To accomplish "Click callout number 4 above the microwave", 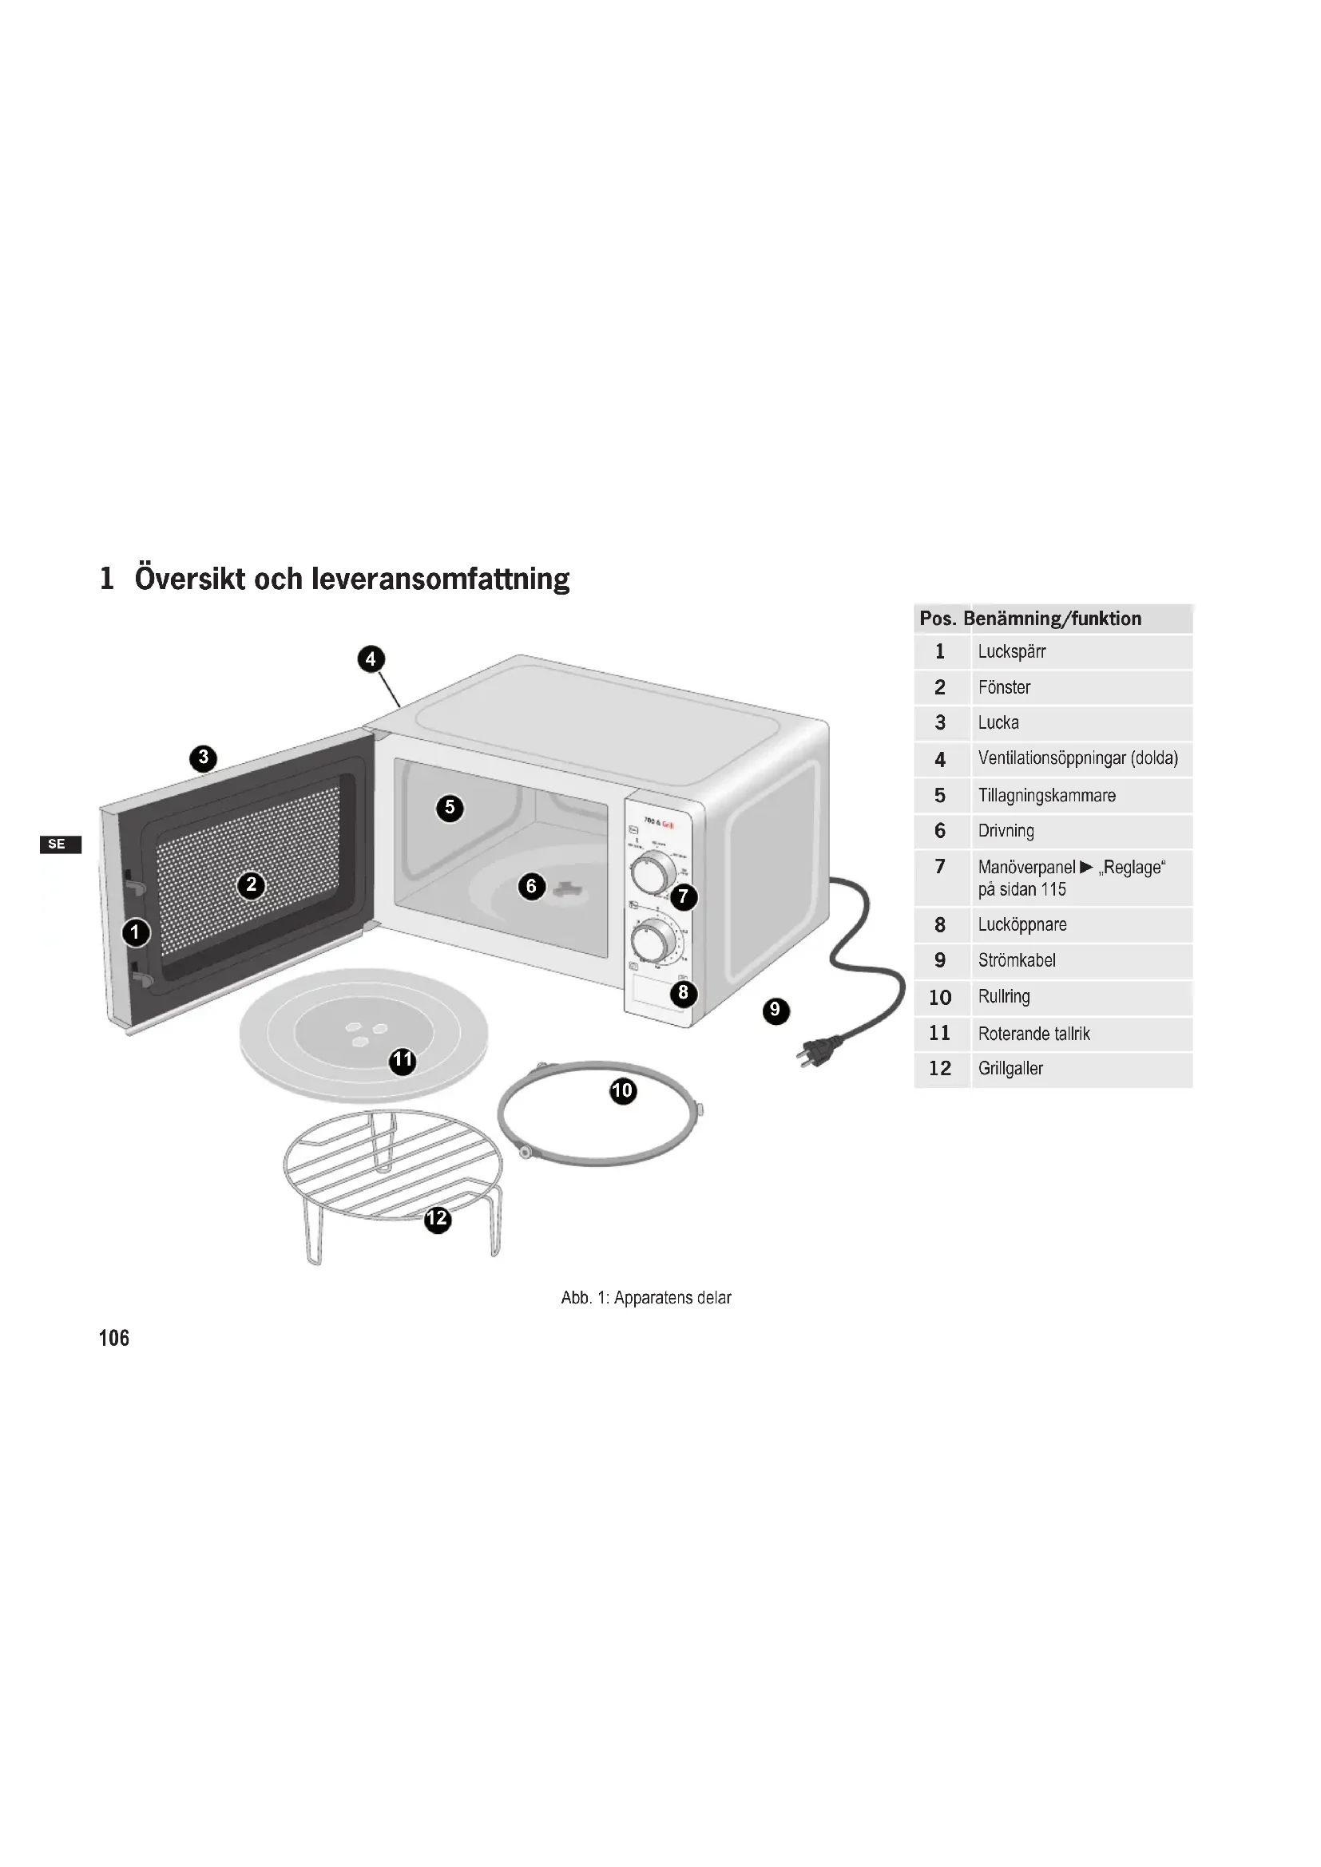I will coord(371,659).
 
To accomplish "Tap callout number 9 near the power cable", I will coord(776,1011).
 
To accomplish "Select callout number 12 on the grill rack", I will coord(438,1218).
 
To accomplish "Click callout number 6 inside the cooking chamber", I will coord(531,885).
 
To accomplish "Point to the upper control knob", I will coord(652,873).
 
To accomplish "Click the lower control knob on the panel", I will coord(653,941).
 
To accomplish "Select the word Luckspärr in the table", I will coord(1011,652).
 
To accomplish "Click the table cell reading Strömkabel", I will coord(1017,961).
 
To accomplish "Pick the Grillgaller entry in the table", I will coord(1010,1070).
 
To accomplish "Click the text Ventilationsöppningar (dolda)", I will coord(1077,758).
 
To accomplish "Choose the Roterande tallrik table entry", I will coord(1033,1034).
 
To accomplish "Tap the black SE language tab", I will coord(59,844).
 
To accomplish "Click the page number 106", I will coord(114,1339).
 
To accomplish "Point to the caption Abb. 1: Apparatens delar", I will coord(646,1298).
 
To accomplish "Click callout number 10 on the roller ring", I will coord(622,1090).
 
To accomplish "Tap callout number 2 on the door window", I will coord(251,884).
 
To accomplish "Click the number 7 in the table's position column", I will coord(940,867).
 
